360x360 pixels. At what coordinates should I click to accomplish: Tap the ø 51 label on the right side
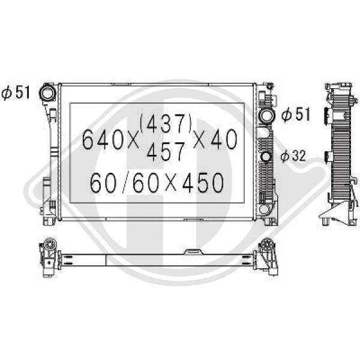[296, 114]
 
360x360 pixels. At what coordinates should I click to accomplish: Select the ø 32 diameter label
[293, 156]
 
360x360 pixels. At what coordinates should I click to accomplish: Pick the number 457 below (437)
[166, 151]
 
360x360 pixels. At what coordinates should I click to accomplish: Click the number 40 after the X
[224, 139]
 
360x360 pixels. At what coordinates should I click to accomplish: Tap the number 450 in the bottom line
[203, 182]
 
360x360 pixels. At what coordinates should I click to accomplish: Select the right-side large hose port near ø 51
[267, 115]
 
